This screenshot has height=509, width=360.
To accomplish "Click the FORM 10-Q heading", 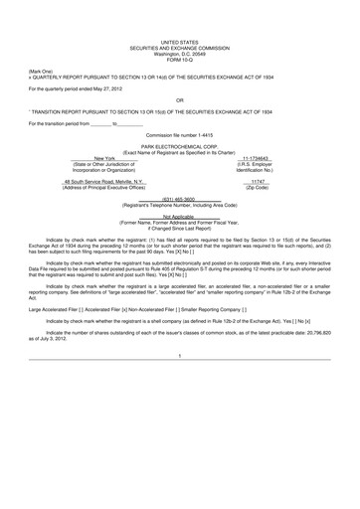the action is coord(180,59).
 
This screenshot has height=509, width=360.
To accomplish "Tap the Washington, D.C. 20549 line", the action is coord(180,54).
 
